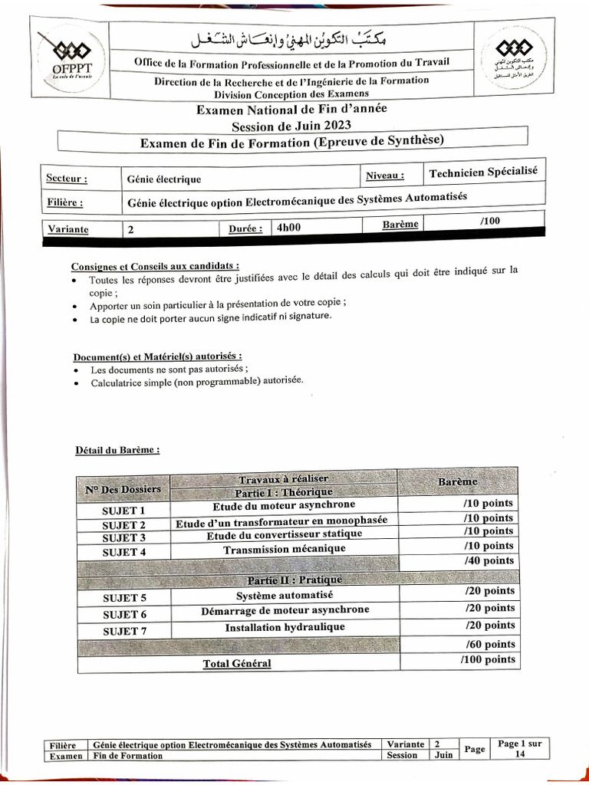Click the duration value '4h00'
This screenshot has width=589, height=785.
289,227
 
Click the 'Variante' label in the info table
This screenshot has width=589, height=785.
68,228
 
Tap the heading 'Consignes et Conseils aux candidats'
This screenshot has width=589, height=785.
150,266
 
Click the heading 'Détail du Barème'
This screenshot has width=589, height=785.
117,450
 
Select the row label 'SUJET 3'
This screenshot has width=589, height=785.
123,538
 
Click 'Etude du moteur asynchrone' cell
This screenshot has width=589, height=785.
284,505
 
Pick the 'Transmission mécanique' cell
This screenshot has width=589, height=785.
284,550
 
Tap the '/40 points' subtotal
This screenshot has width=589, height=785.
489,561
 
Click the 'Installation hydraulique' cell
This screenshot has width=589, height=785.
285,627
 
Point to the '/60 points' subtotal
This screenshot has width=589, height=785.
489,644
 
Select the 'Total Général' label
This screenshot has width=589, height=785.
237,663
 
